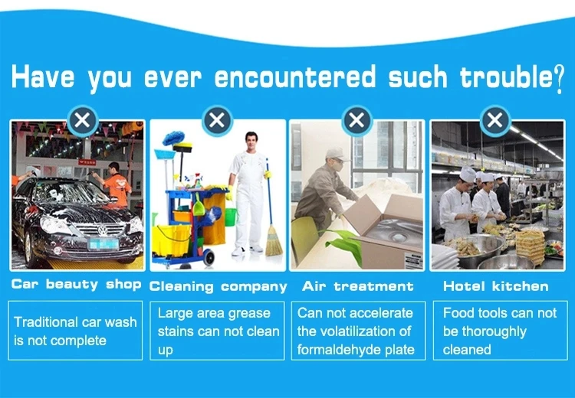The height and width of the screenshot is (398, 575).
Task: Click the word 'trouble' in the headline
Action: (x=506, y=77)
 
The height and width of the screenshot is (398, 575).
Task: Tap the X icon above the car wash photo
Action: (x=83, y=120)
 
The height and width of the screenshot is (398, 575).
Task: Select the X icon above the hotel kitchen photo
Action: (x=495, y=120)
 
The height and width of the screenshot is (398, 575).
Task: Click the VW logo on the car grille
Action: (x=103, y=230)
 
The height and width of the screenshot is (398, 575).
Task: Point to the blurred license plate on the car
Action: (x=103, y=243)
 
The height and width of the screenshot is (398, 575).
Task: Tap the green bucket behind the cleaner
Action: (x=231, y=217)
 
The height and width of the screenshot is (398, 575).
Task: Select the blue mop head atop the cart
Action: (x=173, y=138)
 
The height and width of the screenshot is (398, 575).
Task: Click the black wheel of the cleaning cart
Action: (x=209, y=257)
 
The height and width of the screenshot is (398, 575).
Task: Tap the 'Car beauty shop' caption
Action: (x=76, y=285)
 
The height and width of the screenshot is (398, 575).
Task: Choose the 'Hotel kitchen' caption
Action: (x=496, y=286)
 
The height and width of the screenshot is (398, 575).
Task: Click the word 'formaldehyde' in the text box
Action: (x=339, y=350)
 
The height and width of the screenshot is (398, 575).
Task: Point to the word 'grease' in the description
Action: (x=248, y=314)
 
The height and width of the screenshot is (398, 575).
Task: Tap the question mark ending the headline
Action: (x=558, y=79)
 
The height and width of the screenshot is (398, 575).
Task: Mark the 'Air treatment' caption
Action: (x=358, y=286)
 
